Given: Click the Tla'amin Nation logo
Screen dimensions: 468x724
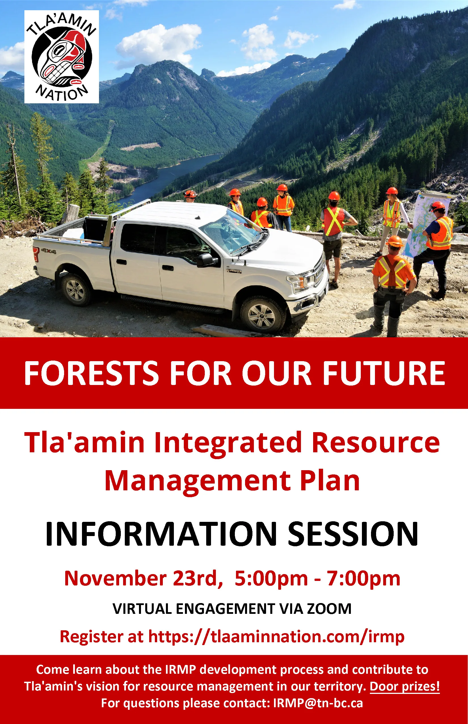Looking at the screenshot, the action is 62,57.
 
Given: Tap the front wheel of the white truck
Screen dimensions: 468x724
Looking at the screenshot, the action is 262,315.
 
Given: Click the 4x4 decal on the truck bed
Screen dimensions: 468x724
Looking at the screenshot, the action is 48,251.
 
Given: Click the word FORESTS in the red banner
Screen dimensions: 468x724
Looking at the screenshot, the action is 91,373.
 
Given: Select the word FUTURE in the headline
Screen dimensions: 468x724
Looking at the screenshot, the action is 384,373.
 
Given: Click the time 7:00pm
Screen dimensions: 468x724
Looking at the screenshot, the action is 363,579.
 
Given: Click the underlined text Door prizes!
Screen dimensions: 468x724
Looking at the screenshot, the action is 404,686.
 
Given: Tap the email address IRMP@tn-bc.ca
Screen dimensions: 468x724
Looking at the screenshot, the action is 318,703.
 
